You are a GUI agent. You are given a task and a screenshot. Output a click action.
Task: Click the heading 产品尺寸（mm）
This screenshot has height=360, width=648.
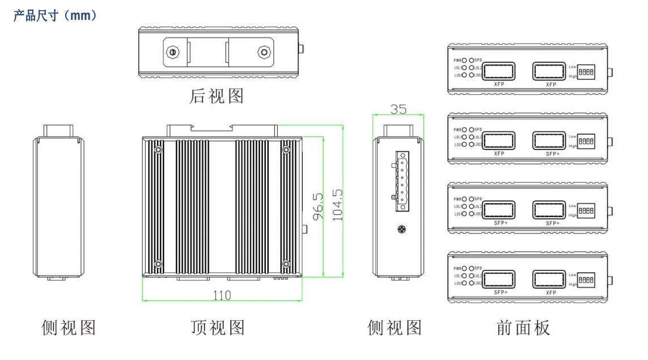point(56,16)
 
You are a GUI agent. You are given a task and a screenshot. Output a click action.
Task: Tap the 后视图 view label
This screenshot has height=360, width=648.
point(217,96)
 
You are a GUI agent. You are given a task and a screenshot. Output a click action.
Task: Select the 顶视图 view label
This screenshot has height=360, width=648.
point(218,328)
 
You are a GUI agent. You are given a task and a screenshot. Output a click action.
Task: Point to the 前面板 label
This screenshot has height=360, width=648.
point(523,328)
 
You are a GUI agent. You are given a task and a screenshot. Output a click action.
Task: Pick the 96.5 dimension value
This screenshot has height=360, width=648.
point(319,206)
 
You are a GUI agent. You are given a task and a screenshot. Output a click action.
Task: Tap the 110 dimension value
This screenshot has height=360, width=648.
point(222,295)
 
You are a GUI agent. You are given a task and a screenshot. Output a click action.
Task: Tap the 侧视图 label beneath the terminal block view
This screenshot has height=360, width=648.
point(395,328)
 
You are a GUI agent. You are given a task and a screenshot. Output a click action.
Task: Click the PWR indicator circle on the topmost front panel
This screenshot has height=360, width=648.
point(464,60)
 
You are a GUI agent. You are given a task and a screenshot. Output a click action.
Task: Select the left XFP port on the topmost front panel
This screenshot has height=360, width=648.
point(499,71)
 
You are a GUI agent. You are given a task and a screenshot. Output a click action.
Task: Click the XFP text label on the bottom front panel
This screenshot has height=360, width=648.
point(550,293)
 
